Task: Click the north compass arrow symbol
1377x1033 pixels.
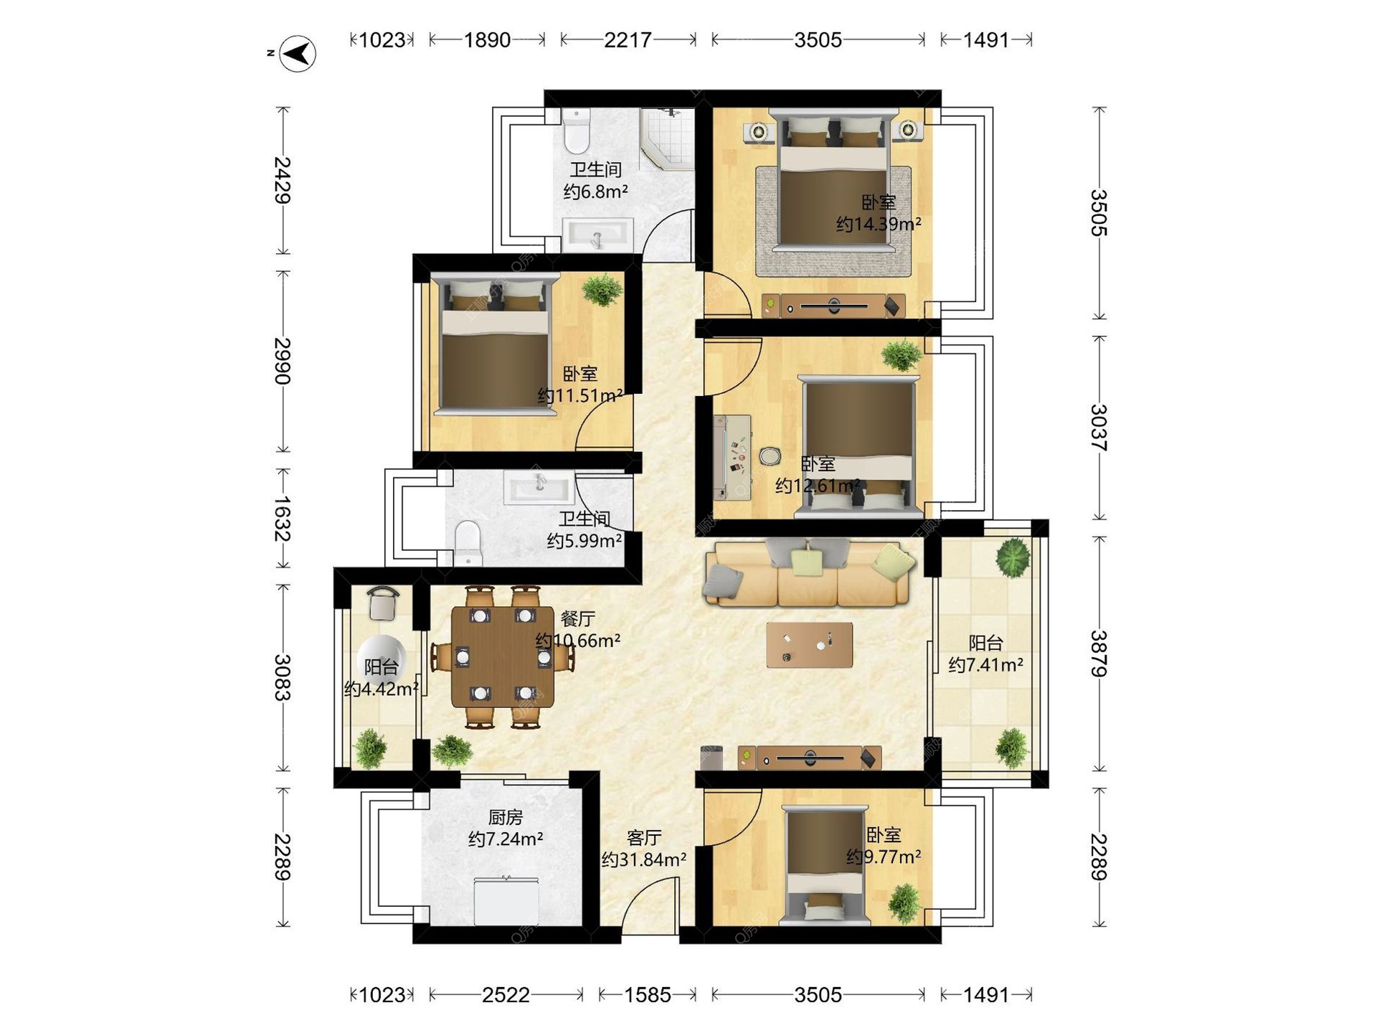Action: [x=298, y=53]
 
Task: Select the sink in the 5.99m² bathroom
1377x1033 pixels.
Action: [x=539, y=488]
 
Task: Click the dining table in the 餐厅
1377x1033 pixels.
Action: [x=503, y=657]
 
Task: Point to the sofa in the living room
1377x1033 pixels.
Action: [x=808, y=573]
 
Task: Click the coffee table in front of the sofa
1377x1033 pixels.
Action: [x=810, y=644]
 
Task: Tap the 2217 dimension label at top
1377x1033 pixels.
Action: [x=628, y=40]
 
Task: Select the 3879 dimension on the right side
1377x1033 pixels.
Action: [x=1099, y=654]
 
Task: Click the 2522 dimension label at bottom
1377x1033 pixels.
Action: [x=506, y=995]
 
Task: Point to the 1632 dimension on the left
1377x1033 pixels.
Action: [x=282, y=519]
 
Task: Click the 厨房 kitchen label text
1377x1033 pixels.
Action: [x=506, y=817]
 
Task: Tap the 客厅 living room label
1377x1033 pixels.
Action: [x=644, y=838]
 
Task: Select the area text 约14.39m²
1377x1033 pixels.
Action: [x=879, y=225]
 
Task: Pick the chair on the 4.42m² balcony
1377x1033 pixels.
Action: [x=384, y=603]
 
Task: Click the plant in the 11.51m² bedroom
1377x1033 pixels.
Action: [x=602, y=291]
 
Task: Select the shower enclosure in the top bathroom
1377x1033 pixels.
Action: [x=667, y=138]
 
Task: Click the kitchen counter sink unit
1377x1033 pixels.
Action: [x=506, y=901]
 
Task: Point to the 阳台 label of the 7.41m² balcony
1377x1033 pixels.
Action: [x=985, y=643]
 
